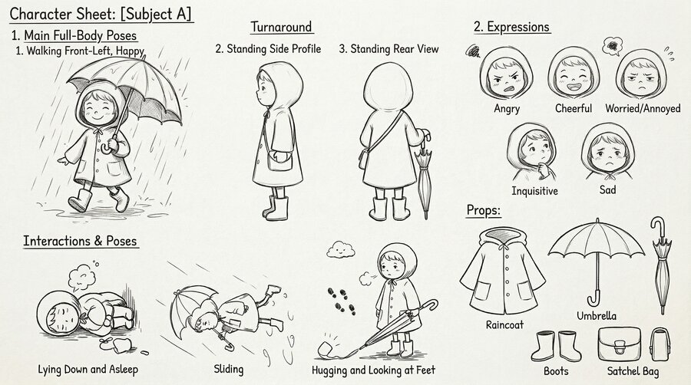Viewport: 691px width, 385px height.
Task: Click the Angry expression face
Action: pos(506,75)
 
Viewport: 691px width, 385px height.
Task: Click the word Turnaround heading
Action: pos(281,27)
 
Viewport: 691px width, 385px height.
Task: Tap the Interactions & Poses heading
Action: pos(80,241)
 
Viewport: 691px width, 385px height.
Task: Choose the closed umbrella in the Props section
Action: pos(660,265)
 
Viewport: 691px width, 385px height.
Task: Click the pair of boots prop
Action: pos(555,346)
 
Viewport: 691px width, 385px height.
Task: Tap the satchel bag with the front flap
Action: pos(619,344)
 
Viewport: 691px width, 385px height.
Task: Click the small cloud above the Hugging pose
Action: pos(340,249)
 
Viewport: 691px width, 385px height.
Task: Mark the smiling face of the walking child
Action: pos(98,110)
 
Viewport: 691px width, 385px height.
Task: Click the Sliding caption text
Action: pos(228,370)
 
